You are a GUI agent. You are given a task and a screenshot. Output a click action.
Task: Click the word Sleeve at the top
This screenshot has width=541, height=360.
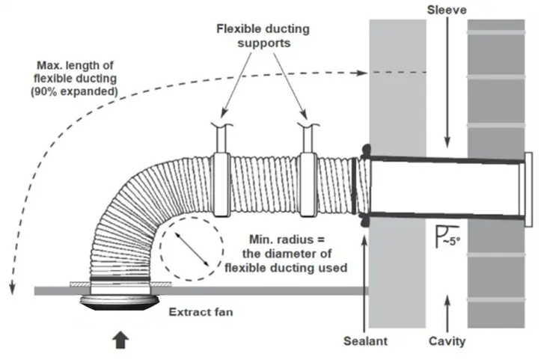(x=447, y=10)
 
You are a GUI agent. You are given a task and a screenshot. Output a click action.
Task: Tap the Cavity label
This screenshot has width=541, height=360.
(x=447, y=341)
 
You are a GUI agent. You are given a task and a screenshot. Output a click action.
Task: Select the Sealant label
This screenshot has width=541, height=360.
(x=364, y=341)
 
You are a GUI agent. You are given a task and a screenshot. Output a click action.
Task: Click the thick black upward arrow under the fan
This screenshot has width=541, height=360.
(x=119, y=340)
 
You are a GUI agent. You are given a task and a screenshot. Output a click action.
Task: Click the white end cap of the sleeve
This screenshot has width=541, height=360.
(x=528, y=189)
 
